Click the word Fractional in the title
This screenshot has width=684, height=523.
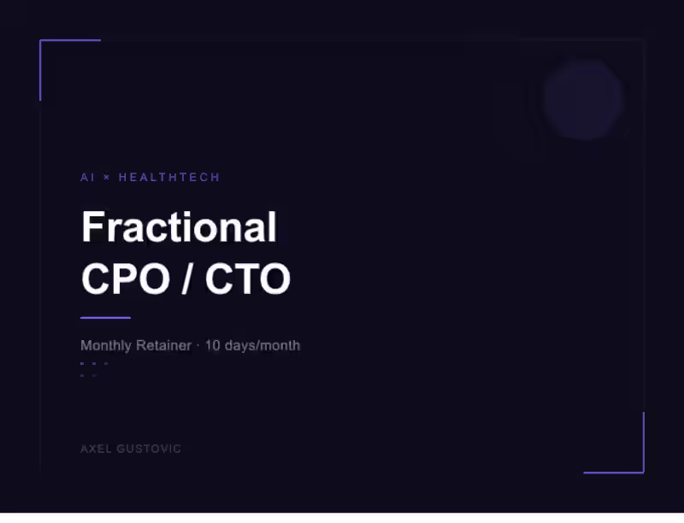[x=179, y=227]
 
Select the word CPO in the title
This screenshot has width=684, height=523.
[x=125, y=279]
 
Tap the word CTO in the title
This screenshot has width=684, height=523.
[x=248, y=279]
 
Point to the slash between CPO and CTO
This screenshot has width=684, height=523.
[x=186, y=279]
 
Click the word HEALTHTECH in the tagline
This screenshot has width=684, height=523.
[x=169, y=177]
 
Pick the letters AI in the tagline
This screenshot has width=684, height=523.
[x=87, y=177]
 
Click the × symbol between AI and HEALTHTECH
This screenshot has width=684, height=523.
[x=107, y=177]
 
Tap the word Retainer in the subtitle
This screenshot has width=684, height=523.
[x=163, y=345]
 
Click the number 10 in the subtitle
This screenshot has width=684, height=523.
[x=213, y=345]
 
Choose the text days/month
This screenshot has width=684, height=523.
[x=262, y=345]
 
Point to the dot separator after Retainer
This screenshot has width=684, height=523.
[x=198, y=345]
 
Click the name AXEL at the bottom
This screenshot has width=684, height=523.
[x=95, y=449]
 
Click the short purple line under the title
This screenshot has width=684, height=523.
[x=105, y=318]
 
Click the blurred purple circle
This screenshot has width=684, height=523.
[x=583, y=99]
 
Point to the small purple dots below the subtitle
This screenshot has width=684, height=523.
[x=93, y=368]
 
